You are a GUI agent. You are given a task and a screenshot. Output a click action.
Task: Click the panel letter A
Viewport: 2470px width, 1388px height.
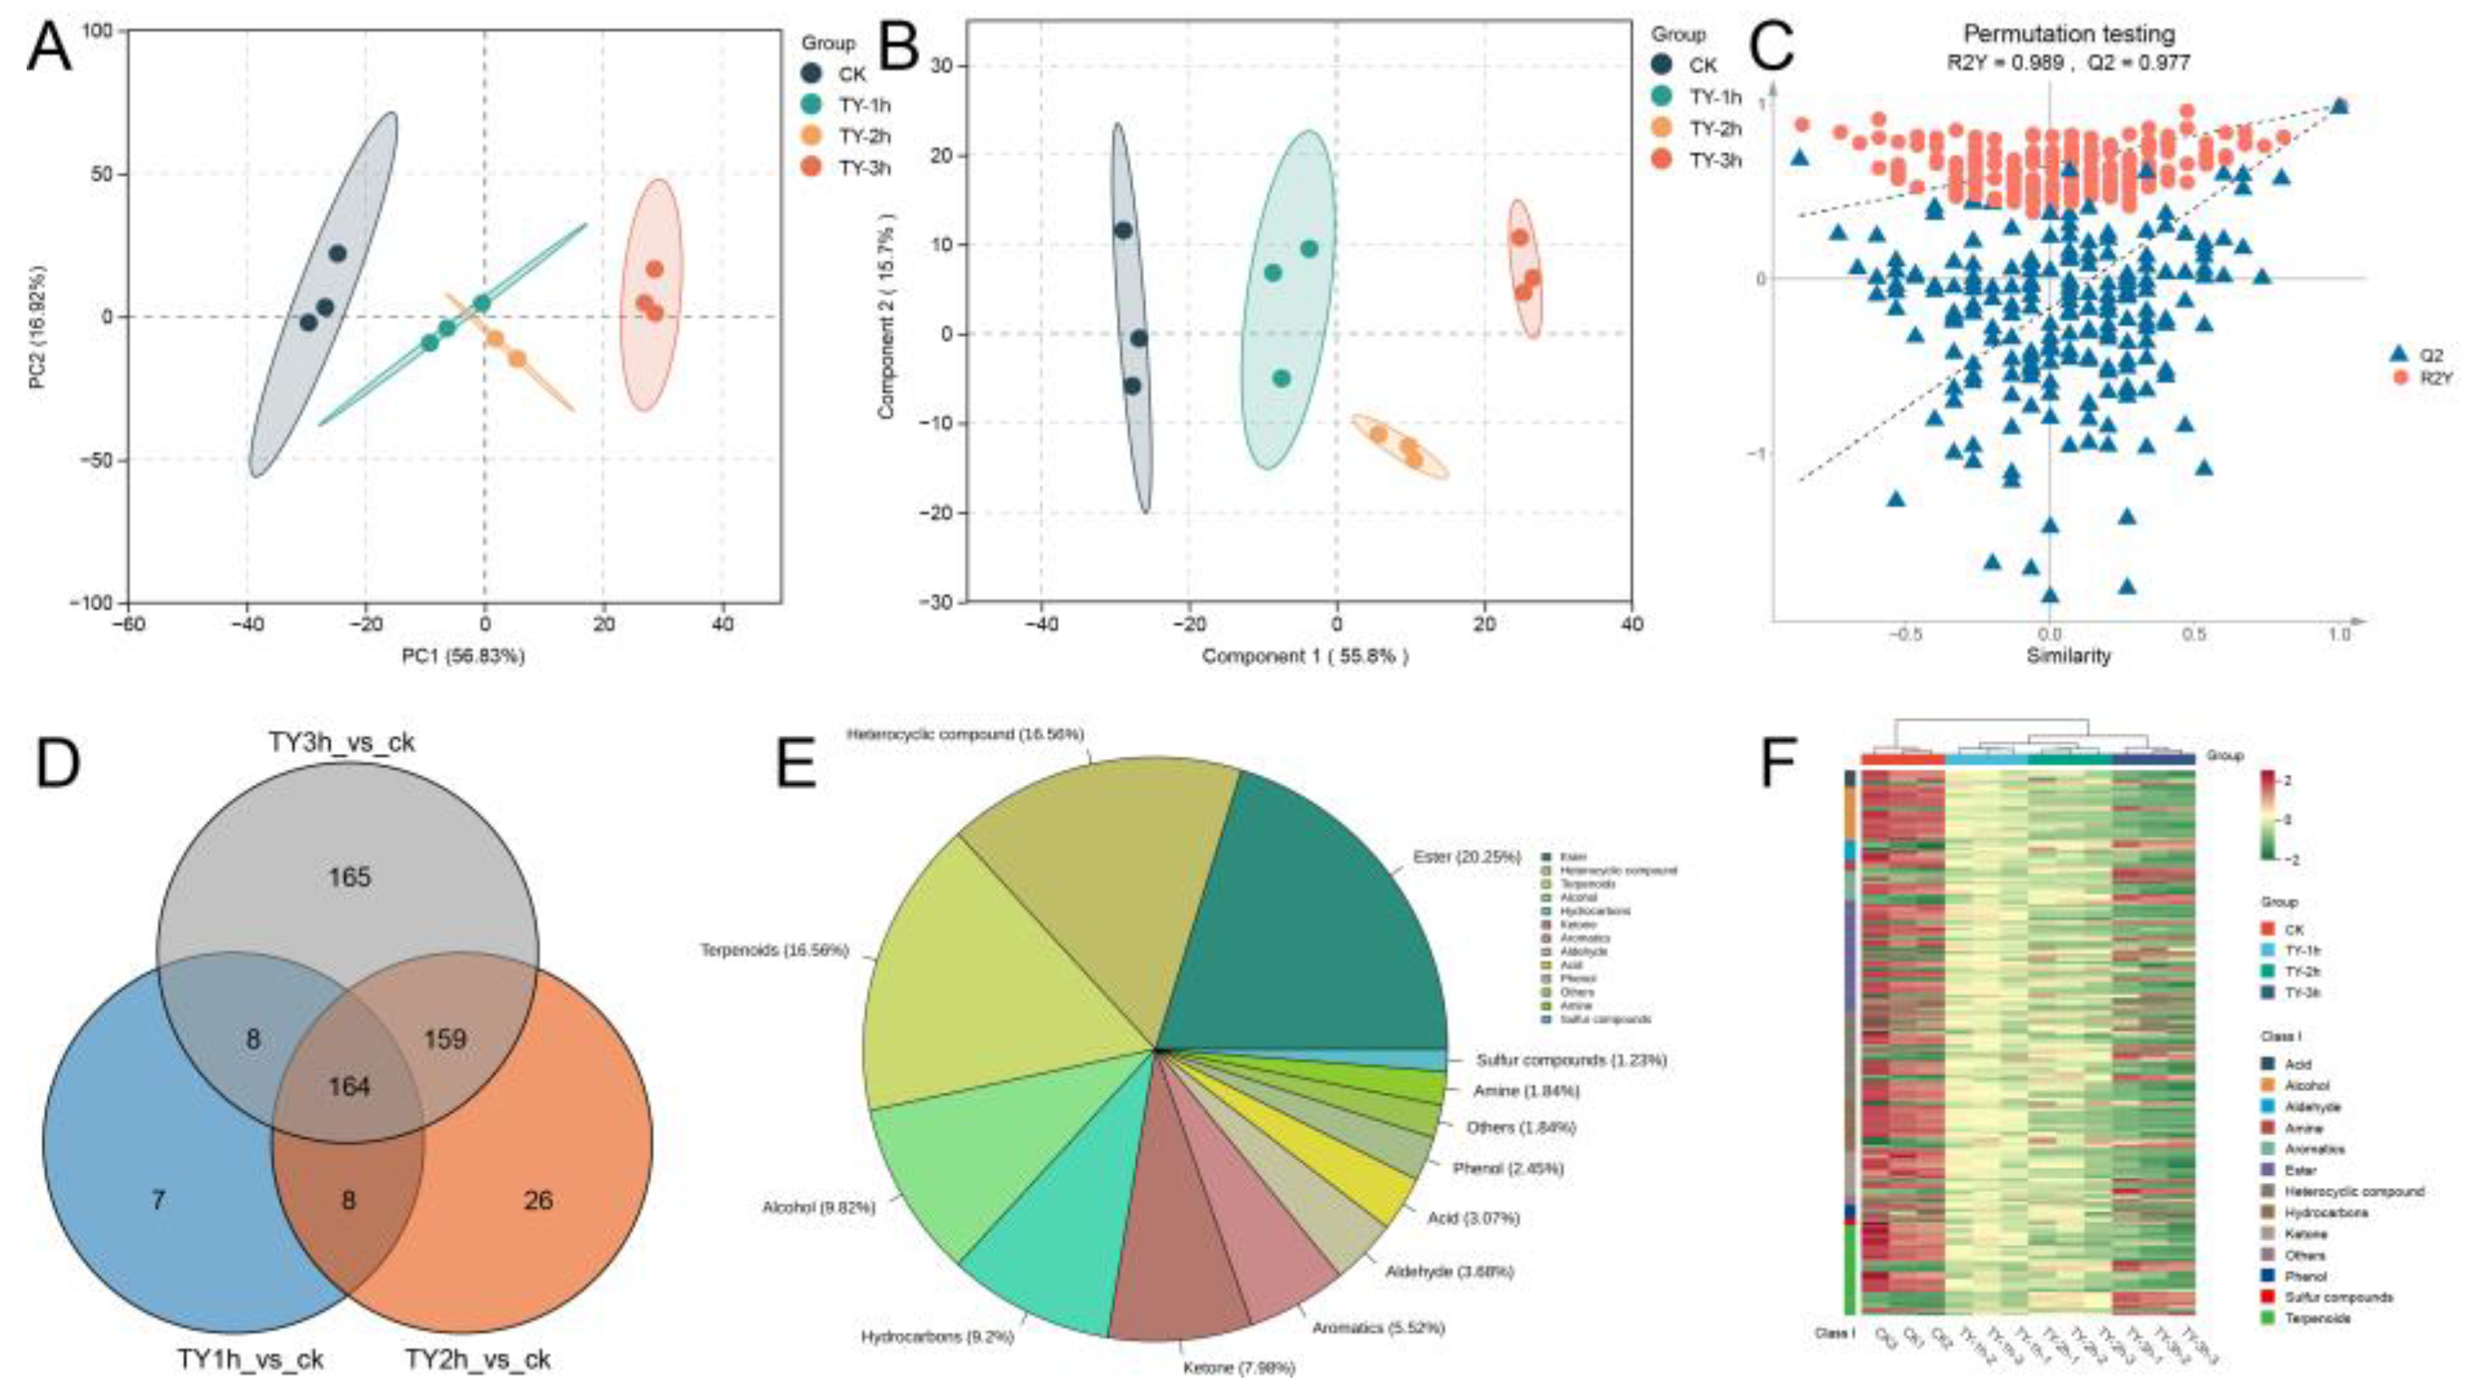tap(48, 50)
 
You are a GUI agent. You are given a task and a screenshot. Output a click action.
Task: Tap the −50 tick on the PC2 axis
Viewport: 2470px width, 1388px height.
tap(93, 461)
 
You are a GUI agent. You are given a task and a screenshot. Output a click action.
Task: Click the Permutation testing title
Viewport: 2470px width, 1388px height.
tap(2068, 34)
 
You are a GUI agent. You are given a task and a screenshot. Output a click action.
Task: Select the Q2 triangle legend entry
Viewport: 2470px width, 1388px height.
tap(2416, 353)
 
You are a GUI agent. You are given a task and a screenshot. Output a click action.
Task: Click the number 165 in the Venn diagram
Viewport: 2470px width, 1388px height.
tap(349, 877)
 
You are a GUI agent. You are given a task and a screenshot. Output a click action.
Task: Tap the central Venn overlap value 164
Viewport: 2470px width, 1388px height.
tap(349, 1088)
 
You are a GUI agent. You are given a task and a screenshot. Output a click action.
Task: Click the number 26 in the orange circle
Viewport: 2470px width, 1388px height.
tap(538, 1200)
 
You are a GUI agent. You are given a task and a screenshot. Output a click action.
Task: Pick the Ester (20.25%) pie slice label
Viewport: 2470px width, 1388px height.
tap(1466, 857)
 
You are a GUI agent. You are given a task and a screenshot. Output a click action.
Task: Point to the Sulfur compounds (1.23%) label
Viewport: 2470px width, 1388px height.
tap(1571, 1060)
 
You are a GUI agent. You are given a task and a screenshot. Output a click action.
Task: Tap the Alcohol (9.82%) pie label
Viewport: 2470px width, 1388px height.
tap(818, 1208)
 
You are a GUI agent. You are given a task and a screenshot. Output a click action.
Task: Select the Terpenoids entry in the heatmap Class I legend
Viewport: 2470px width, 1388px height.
tap(2316, 1319)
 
